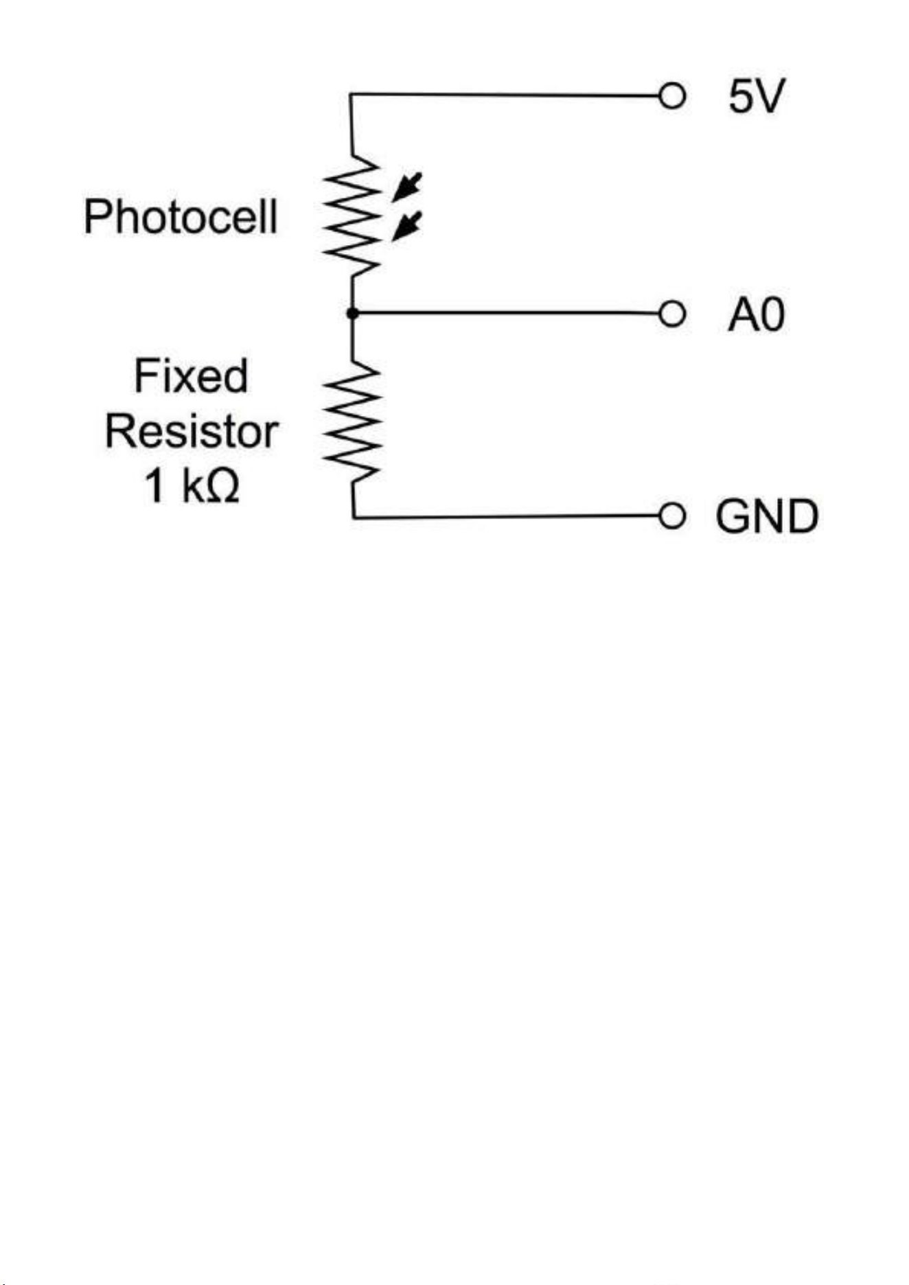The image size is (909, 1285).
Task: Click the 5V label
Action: [x=756, y=96]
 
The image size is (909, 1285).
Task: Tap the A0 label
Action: [x=756, y=315]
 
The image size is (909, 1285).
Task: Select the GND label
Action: [x=767, y=516]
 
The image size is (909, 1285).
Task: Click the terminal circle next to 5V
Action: [x=672, y=95]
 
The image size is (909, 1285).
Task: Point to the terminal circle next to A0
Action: [x=672, y=314]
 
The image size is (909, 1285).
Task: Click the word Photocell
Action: [x=181, y=217]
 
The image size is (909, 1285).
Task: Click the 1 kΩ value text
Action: [x=192, y=485]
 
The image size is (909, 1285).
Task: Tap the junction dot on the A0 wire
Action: [x=352, y=313]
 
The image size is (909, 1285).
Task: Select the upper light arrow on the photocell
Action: [x=406, y=187]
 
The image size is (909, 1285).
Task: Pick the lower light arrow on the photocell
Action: [x=406, y=227]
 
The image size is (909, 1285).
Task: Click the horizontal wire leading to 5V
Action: [x=505, y=95]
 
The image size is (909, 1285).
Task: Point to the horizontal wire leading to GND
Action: [x=506, y=516]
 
